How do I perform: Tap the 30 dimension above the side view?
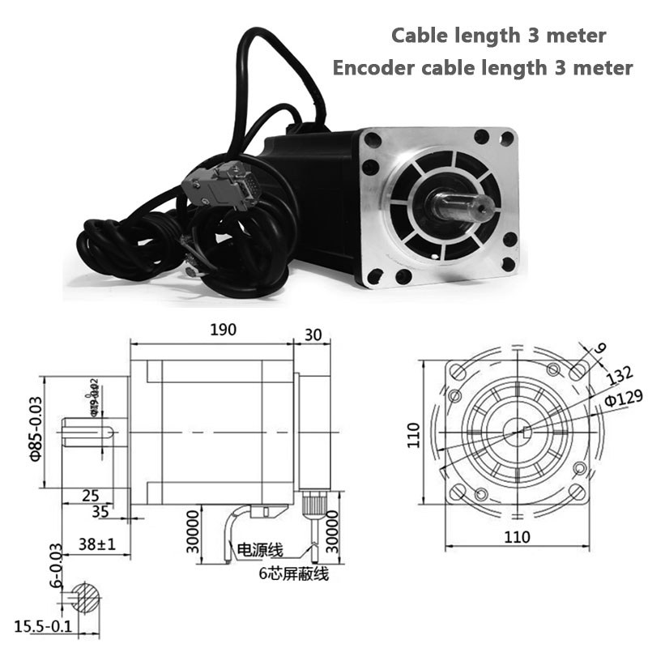click(312, 334)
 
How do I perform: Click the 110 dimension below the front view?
click(517, 536)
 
